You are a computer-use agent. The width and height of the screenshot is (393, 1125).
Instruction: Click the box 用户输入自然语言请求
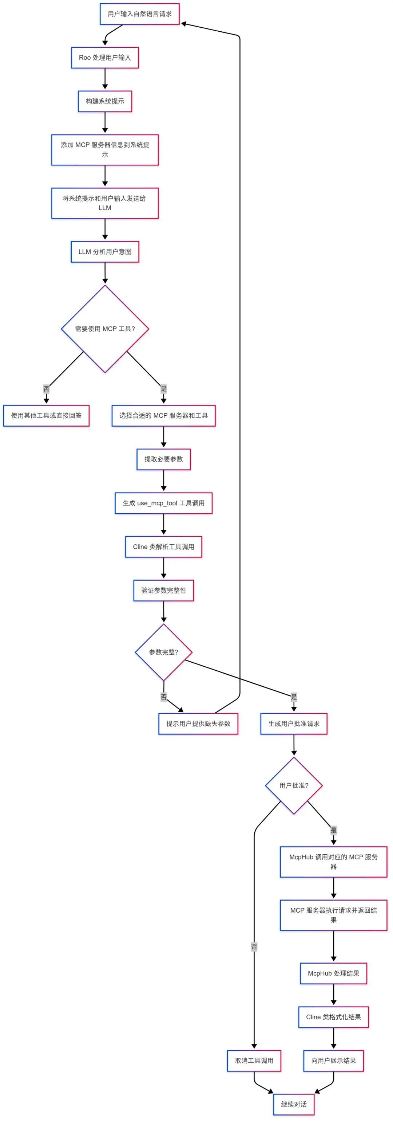[140, 14]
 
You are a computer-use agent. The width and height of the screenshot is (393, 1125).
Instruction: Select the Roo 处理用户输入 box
[105, 58]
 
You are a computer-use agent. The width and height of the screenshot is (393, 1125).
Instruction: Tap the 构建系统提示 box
[105, 101]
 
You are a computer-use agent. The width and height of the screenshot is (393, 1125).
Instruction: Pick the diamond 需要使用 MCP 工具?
[105, 329]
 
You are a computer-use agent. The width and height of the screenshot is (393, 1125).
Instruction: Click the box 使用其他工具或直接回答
[46, 415]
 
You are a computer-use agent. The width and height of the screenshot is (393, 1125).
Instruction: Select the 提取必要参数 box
[164, 459]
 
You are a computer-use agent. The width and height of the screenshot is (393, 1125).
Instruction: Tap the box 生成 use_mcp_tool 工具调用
[164, 503]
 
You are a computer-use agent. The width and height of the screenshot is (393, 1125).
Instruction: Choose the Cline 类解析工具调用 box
[164, 547]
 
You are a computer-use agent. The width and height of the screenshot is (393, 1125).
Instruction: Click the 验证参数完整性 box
[164, 591]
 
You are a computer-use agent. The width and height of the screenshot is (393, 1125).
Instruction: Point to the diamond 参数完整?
[164, 652]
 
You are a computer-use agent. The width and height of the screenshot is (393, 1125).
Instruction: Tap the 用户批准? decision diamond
[294, 786]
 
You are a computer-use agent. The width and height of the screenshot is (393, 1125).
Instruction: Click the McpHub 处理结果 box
[333, 973]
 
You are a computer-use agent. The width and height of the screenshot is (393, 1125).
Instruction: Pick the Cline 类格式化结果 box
[333, 1017]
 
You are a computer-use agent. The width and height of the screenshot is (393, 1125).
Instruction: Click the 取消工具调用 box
[254, 1061]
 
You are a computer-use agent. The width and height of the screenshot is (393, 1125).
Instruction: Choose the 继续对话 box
[294, 1105]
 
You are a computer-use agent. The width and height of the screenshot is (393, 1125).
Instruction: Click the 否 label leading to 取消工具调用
[254, 947]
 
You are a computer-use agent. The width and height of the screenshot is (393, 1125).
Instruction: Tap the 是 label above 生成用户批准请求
[294, 697]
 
